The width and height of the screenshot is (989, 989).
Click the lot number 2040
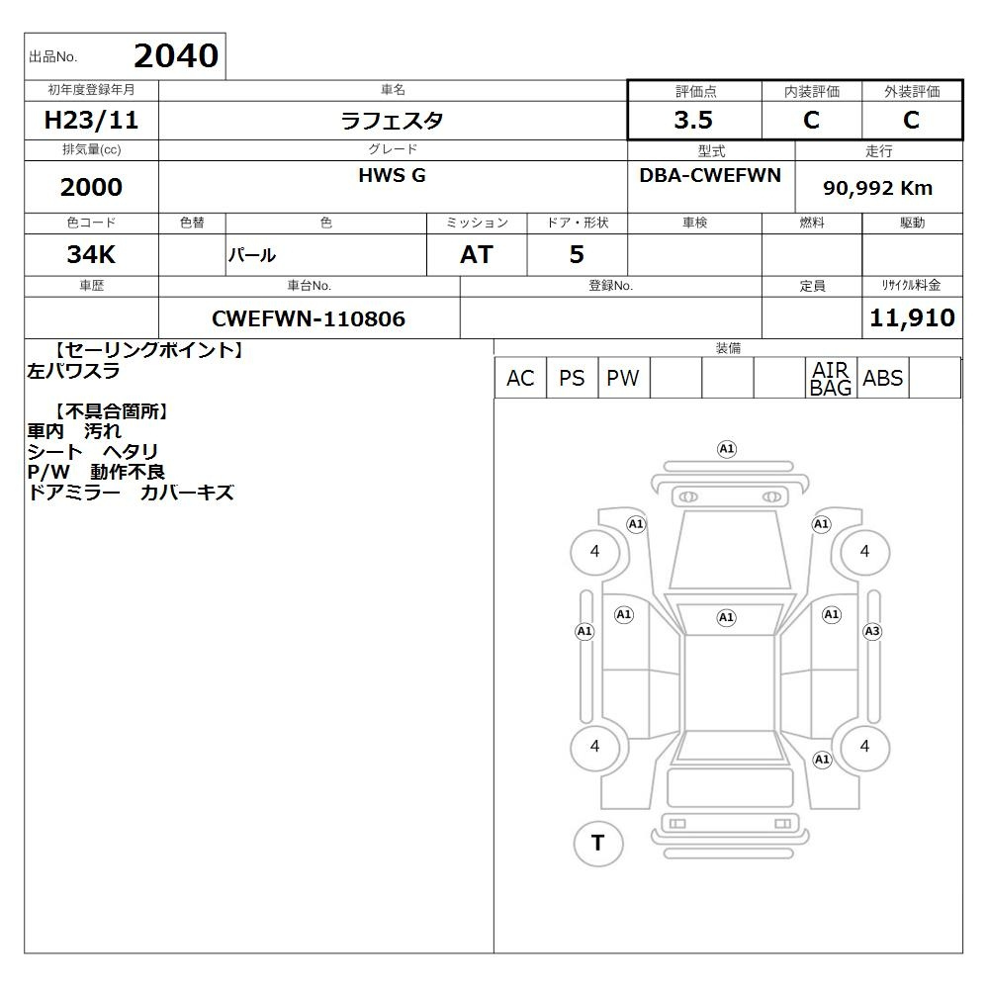[176, 56]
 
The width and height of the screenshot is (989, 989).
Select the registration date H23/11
[91, 120]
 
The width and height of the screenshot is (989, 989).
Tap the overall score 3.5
[693, 120]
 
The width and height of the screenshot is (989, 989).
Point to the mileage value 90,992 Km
[877, 188]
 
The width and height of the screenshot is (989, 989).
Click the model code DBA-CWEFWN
[710, 175]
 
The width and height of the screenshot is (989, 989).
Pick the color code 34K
[91, 254]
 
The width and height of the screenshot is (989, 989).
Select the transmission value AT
[477, 254]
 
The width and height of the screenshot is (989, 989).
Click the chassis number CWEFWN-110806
[309, 318]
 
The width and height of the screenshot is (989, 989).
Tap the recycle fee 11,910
[912, 317]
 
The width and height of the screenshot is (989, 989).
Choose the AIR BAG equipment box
[831, 378]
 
